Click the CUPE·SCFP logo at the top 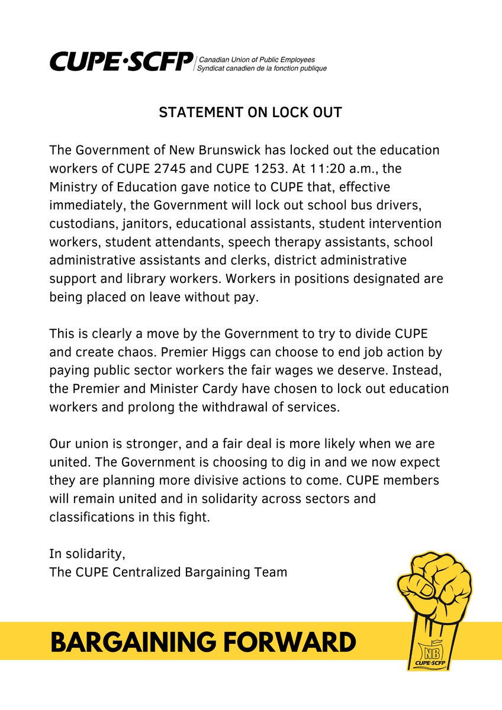pos(121,61)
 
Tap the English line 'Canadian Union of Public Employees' pos(256,60)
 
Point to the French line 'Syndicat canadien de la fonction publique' pos(262,69)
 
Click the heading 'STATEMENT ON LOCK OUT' pos(250,112)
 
